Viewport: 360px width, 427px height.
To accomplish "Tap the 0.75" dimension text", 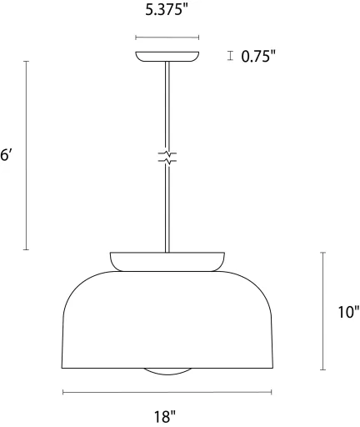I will click(258, 57).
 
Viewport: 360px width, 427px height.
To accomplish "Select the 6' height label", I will click(5, 155).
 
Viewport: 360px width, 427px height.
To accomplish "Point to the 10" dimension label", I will click(348, 313).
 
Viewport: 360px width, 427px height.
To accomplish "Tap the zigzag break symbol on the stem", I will click(167, 156).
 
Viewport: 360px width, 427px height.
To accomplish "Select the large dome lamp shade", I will click(167, 321).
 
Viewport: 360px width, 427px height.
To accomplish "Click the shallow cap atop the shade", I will click(167, 260).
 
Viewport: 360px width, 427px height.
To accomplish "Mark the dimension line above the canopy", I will click(167, 38).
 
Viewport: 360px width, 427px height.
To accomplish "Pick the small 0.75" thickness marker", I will click(230, 57).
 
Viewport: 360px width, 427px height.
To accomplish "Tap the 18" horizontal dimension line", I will click(167, 391).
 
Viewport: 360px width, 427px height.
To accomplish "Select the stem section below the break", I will click(167, 208).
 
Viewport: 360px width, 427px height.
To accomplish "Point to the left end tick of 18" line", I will click(62, 391).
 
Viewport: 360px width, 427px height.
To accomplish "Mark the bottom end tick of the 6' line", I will click(27, 249).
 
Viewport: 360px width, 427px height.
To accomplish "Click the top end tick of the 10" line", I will click(323, 251).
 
